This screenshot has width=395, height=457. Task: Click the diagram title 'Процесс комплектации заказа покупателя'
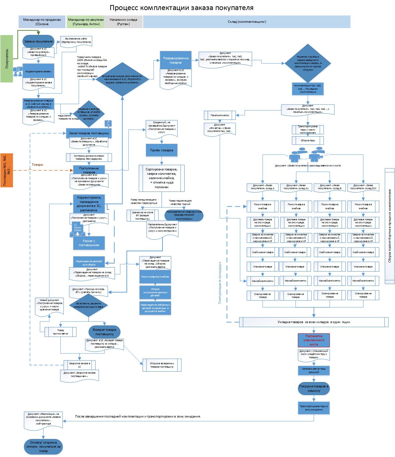182,8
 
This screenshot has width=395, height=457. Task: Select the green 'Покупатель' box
7,58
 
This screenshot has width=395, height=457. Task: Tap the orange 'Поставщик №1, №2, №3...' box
7,170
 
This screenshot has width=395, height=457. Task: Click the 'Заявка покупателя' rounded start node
38,42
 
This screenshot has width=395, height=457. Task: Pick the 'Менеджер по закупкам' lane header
85,22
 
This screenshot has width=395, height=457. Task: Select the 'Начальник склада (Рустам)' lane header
123,22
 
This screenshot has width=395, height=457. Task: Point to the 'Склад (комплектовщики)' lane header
247,22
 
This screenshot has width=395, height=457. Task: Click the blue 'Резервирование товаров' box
176,60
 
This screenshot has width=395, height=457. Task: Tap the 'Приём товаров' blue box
162,150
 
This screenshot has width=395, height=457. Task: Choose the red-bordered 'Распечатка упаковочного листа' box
314,340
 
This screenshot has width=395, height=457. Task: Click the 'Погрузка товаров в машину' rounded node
314,388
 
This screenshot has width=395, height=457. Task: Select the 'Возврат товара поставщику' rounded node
105,331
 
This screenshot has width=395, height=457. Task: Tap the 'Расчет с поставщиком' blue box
89,243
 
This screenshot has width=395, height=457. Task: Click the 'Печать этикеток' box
220,116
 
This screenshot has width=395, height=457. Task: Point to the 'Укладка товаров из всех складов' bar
314,322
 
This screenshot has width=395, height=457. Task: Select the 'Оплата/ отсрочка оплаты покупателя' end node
43,447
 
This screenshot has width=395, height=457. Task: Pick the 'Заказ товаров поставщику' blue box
89,133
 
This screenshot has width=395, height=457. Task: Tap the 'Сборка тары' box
308,140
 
